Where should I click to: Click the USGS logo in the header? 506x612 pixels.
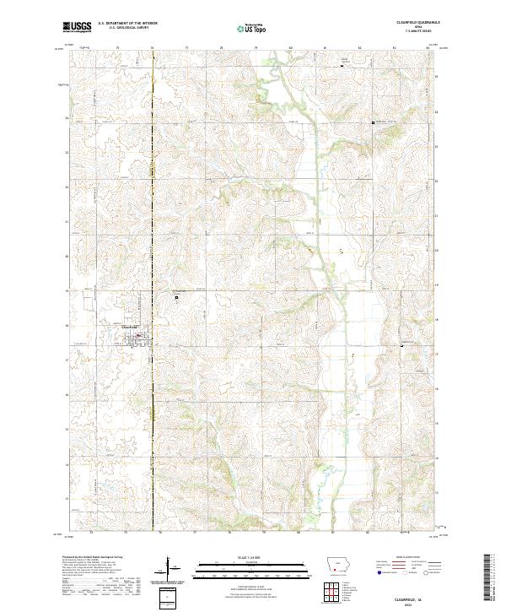[77, 27]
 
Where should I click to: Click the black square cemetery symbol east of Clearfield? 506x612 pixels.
[176, 297]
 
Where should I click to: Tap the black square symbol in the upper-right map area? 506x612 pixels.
[374, 123]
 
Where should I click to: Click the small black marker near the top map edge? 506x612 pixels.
[342, 64]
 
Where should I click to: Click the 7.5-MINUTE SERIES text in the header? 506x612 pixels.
[408, 34]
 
